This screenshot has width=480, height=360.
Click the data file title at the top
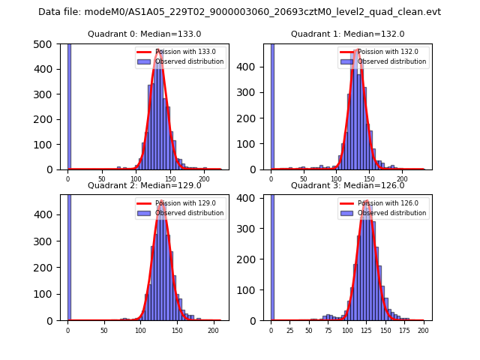pyautogui.click(x=239, y=12)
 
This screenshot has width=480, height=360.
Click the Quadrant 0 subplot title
pyautogui.click(x=144, y=34)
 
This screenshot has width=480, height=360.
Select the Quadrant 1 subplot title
pyautogui.click(x=347, y=34)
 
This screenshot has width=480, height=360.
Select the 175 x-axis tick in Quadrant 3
pyautogui.click(x=405, y=329)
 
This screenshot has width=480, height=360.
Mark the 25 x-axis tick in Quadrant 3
pyautogui.click(x=290, y=329)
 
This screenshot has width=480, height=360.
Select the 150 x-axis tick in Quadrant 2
pyautogui.click(x=177, y=329)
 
